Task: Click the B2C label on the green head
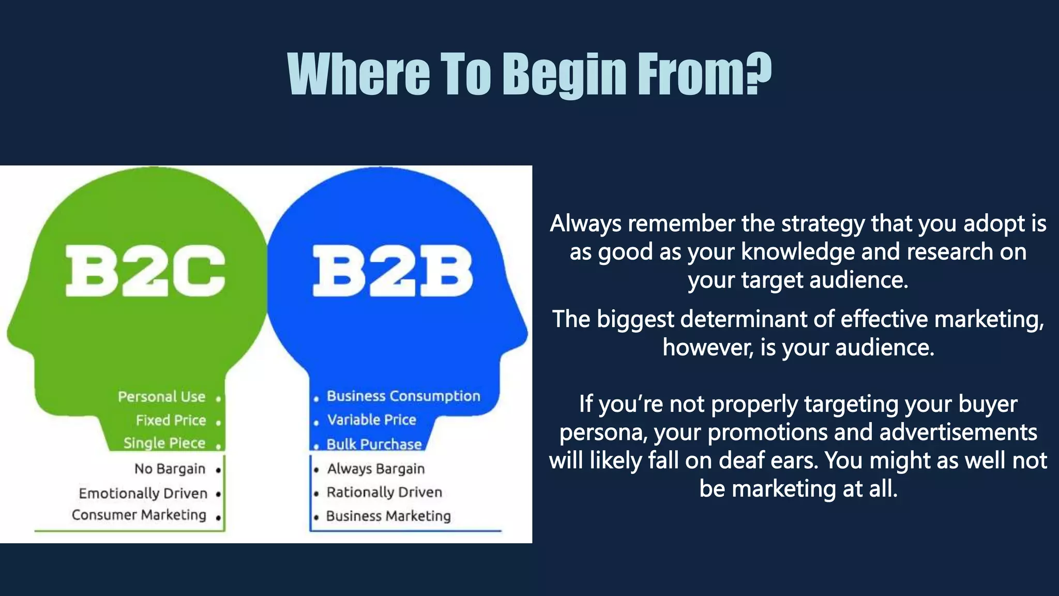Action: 145,271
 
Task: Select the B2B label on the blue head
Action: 392,271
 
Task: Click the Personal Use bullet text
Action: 161,397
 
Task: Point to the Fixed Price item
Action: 171,420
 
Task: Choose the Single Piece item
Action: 164,443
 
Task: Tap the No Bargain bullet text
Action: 170,469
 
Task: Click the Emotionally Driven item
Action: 143,493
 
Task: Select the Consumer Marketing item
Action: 139,515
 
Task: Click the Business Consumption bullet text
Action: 403,396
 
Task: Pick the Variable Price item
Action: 371,420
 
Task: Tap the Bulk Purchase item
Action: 374,444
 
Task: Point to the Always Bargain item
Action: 376,469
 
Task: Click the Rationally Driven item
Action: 384,492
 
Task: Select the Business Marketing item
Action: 388,516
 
